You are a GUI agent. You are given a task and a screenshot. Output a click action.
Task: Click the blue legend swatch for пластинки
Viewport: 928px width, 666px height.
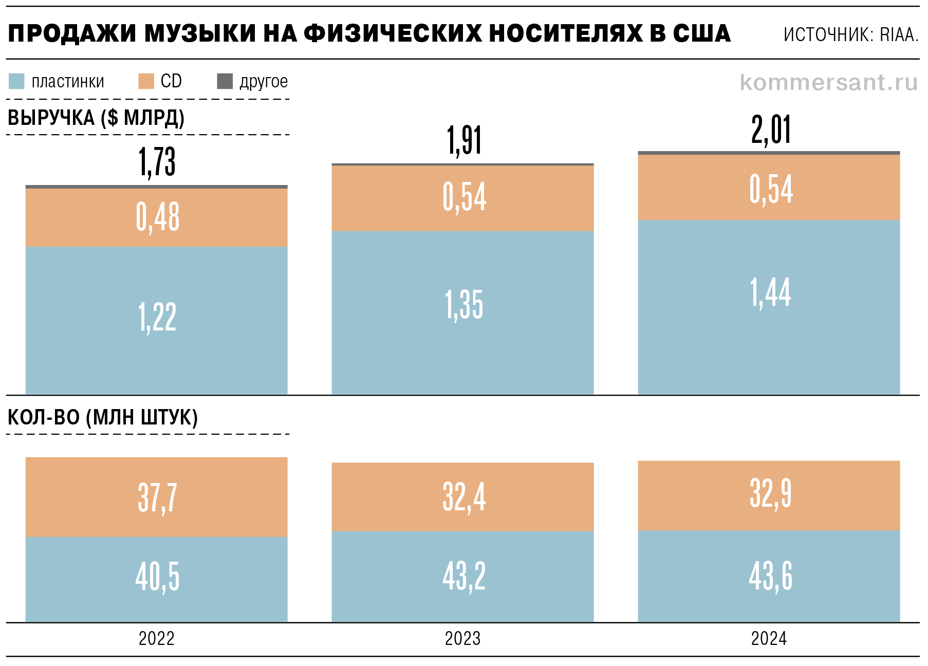click(16, 81)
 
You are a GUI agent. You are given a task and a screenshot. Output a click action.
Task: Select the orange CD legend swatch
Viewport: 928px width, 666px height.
click(146, 81)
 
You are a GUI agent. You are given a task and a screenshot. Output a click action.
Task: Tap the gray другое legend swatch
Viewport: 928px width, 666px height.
click(225, 81)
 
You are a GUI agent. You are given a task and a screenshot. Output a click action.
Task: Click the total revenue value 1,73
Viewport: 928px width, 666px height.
click(157, 162)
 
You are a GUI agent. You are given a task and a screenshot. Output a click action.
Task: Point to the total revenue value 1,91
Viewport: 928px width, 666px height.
click(464, 140)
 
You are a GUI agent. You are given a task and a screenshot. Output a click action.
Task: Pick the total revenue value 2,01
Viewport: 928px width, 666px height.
click(771, 129)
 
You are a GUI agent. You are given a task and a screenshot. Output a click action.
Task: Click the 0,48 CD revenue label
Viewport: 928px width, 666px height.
click(158, 217)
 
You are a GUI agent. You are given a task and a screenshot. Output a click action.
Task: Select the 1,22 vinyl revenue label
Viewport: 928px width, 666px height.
click(157, 317)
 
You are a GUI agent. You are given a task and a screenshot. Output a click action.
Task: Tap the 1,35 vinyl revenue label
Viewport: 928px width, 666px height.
click(464, 305)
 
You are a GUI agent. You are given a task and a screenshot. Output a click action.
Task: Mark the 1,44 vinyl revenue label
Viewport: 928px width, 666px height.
click(770, 292)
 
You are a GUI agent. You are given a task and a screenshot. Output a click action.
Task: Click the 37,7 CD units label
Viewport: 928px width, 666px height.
click(157, 497)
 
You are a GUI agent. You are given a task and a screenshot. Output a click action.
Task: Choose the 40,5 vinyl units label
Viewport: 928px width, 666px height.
click(157, 577)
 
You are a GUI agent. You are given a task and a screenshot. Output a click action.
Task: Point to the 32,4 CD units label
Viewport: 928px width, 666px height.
click(464, 497)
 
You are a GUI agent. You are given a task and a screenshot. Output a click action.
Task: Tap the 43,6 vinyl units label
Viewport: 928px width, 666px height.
click(770, 576)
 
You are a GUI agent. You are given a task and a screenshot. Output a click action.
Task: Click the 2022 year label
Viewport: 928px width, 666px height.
click(157, 639)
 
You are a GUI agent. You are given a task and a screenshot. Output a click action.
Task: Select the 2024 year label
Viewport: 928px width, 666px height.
click(769, 639)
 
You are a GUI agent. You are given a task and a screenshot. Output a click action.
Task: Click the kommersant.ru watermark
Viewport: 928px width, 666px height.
click(828, 83)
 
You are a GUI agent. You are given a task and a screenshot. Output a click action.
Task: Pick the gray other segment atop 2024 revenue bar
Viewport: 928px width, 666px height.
click(769, 153)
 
